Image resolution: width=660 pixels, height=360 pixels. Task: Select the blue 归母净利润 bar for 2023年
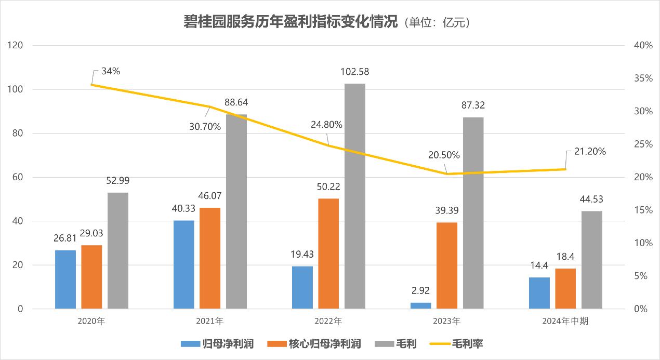pyautogui.click(x=420, y=305)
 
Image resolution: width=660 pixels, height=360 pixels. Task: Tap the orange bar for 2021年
pyautogui.click(x=210, y=258)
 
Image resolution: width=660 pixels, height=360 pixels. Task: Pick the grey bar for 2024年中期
pyautogui.click(x=591, y=260)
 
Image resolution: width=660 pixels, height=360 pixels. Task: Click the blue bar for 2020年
pyautogui.click(x=65, y=279)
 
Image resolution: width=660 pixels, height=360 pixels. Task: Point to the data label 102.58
pyautogui.click(x=355, y=72)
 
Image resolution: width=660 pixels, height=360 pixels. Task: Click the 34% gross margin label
pyautogui.click(x=111, y=71)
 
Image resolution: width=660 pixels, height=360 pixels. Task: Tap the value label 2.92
pyautogui.click(x=420, y=290)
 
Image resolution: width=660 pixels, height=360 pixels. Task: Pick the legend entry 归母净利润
pyautogui.click(x=228, y=343)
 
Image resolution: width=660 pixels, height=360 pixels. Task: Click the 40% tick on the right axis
pyautogui.click(x=643, y=46)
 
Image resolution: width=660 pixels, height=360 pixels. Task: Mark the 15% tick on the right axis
pyautogui.click(x=643, y=210)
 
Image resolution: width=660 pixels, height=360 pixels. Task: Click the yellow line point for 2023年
pyautogui.click(x=447, y=174)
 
